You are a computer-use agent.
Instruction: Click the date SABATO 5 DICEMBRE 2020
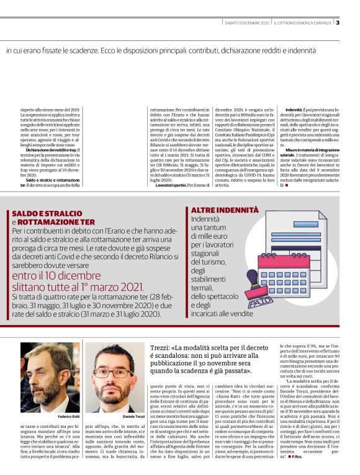tap(247, 23)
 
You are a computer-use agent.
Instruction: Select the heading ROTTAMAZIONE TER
tap(56, 221)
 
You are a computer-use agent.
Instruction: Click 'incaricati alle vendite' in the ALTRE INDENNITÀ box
tap(222, 315)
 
